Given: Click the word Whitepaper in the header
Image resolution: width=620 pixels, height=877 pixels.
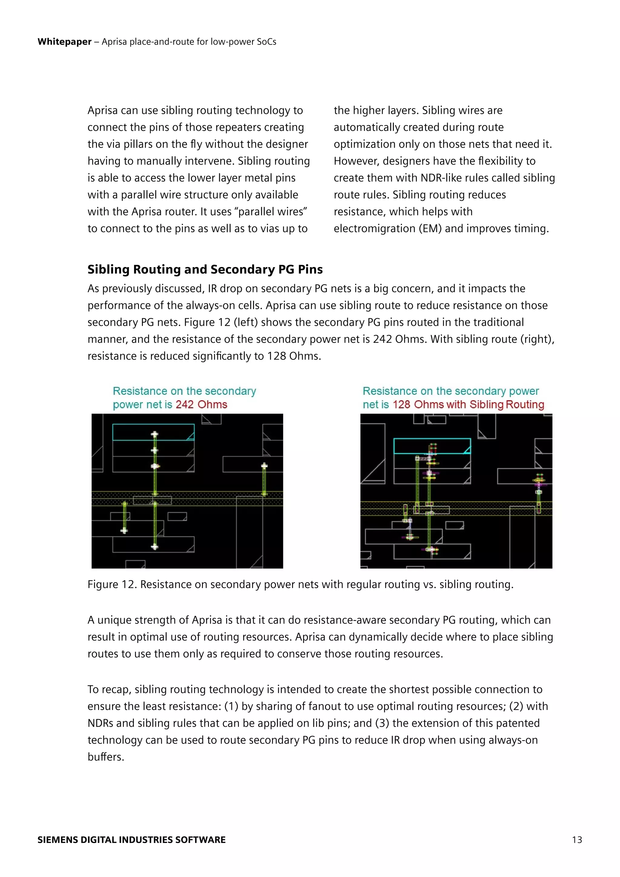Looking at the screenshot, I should click(64, 41).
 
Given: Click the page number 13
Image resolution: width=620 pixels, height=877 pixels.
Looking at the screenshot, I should click(577, 839).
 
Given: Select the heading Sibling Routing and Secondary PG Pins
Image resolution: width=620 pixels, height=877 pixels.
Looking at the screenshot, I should click(205, 269).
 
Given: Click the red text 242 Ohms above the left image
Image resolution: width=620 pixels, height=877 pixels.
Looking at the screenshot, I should click(201, 405).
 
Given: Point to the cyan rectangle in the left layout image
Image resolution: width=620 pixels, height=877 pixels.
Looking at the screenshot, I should click(153, 432).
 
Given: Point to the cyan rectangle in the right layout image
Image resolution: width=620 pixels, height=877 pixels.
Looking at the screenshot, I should click(432, 446).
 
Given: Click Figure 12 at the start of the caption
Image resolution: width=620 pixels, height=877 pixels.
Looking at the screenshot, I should click(111, 584).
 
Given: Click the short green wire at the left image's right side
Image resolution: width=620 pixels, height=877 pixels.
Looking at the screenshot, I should click(264, 480).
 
